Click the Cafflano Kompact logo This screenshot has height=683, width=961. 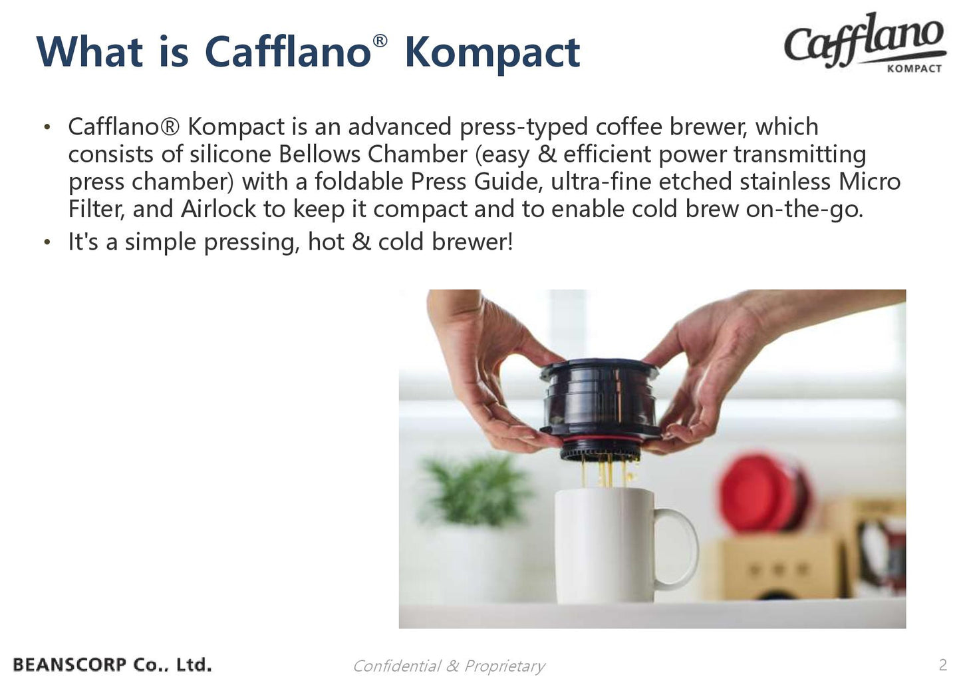point(865,41)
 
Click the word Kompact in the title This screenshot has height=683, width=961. point(491,53)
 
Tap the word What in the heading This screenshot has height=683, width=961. point(89,51)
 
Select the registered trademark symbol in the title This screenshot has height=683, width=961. point(380,41)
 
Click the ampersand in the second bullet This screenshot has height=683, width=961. point(361,242)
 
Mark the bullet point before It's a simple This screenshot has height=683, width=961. point(47,242)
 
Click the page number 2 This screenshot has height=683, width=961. point(942,664)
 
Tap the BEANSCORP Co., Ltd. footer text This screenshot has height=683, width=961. point(112,664)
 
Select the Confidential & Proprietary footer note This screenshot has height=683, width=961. point(448,666)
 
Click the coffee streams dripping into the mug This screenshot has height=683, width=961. point(606,473)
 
